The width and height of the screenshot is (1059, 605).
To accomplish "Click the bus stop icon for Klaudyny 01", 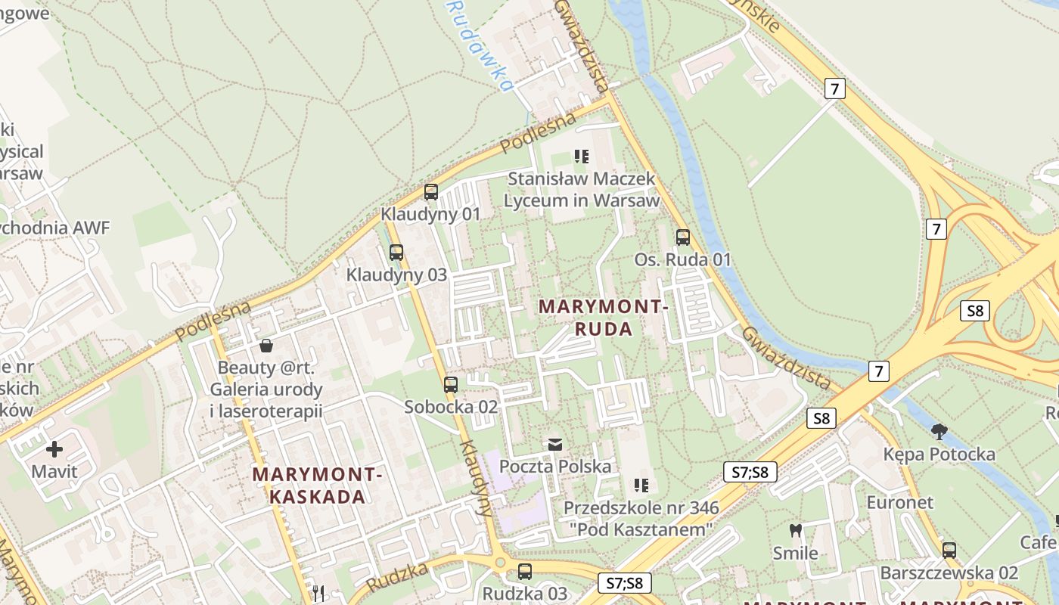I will [430, 192].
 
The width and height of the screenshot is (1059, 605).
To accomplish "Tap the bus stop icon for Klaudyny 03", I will [396, 253].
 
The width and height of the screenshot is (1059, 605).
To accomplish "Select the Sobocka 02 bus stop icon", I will [451, 384].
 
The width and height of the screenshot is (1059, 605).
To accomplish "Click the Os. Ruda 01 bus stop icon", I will [683, 237].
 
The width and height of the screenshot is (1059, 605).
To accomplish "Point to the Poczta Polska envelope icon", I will [555, 444].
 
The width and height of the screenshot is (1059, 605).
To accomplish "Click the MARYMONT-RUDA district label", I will [603, 318].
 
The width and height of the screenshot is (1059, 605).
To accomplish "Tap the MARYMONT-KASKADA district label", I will [317, 486].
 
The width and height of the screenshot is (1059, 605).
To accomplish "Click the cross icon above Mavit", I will [54, 449].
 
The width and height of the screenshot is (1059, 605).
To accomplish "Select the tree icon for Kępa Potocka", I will [939, 432].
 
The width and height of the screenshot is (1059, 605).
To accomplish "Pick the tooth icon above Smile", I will [795, 530].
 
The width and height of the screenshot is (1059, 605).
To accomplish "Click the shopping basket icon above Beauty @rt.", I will [266, 346].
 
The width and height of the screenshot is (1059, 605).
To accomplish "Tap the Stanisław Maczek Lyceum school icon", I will [581, 157].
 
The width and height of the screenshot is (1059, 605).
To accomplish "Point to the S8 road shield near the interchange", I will [975, 310].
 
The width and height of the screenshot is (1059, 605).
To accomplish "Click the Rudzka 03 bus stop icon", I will [524, 572].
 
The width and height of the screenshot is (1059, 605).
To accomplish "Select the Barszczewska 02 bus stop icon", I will [949, 551].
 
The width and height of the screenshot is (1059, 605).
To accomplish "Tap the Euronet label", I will [899, 502].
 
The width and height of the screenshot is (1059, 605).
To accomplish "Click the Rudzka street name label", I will [398, 579].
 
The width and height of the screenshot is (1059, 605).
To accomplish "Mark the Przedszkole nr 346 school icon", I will [641, 485].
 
